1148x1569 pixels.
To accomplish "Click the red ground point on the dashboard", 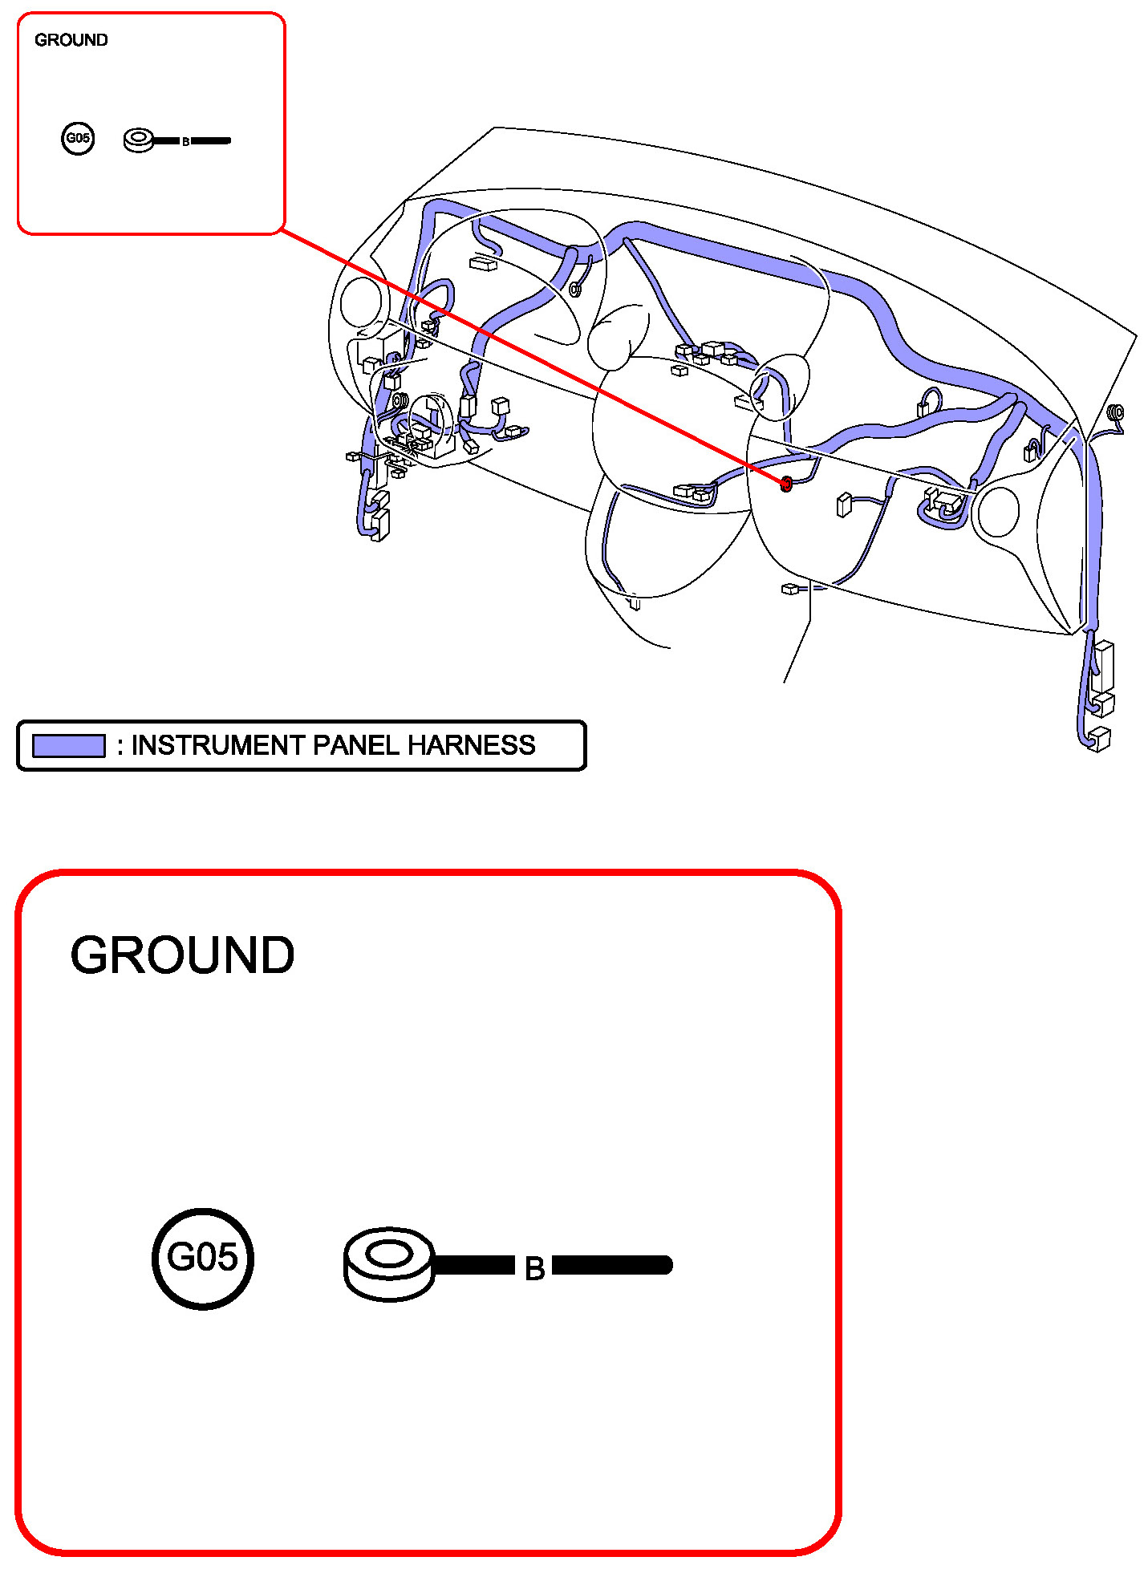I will coord(786,484).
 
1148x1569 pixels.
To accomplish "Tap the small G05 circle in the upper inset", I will coord(78,138).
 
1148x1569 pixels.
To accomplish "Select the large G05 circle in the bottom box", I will coord(203,1258).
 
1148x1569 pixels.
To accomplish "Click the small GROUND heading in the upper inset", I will coord(71,40).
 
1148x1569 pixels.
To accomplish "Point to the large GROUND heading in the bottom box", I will coord(182,955).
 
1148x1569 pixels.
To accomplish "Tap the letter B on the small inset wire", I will coord(185,142).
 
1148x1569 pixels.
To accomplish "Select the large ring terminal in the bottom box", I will coord(389,1263).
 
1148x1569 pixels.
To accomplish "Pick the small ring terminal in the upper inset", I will coord(139,140).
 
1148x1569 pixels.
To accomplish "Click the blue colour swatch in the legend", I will coord(68,746).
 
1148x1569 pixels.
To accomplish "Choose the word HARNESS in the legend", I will coord(471,745).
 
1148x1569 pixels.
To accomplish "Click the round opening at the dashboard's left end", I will coord(363,303).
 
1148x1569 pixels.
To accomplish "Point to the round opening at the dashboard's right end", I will coord(999,511).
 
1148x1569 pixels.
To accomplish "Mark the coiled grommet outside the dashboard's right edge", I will coord(1115,414).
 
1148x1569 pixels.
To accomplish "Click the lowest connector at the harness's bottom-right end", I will coord(1100,739).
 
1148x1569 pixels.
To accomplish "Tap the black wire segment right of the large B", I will coord(612,1266).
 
